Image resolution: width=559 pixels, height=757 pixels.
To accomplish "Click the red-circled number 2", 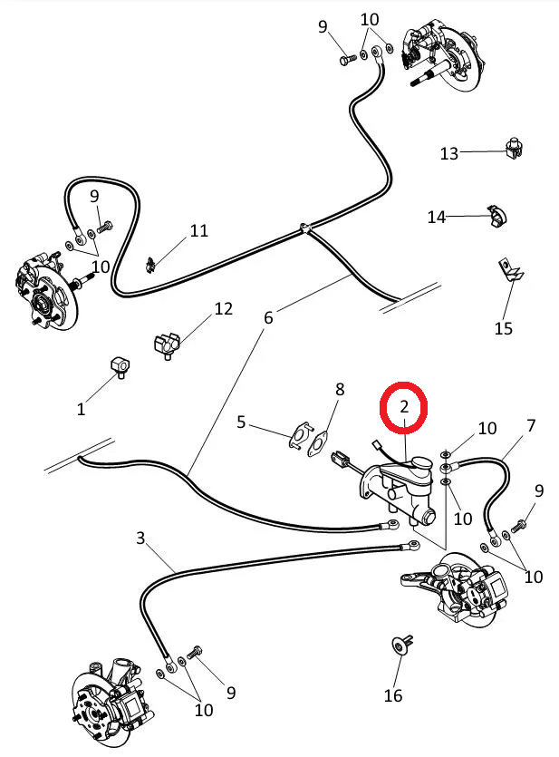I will tap(405, 408).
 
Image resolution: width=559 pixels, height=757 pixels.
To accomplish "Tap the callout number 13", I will tap(449, 153).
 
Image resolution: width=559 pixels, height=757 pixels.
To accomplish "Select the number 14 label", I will tap(438, 217).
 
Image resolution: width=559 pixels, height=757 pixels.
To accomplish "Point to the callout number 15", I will tap(504, 327).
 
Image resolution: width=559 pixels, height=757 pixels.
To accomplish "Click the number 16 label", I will tap(392, 695).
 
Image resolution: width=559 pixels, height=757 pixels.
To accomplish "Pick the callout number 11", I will tap(199, 230).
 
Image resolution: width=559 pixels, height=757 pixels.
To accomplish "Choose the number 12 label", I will tap(224, 309).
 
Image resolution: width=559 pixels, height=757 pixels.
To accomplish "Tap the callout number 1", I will tap(81, 409).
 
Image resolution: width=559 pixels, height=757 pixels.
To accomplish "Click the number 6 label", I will tap(268, 317).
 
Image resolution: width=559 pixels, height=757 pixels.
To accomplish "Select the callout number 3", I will tap(140, 538).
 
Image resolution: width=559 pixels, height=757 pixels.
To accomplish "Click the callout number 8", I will tap(340, 389).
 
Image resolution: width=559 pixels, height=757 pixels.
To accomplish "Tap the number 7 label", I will tap(531, 424).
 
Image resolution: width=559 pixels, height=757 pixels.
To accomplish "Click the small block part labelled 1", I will tap(118, 365).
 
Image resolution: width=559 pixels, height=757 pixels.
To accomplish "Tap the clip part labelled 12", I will tap(166, 344).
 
